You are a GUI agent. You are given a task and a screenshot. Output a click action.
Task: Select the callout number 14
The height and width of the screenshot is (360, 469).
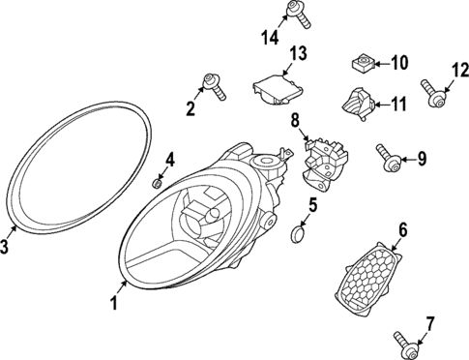[269, 38]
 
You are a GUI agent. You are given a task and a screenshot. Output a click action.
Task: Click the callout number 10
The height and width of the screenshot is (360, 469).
[399, 64]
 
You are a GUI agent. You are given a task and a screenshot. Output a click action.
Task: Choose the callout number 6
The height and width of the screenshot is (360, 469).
[403, 230]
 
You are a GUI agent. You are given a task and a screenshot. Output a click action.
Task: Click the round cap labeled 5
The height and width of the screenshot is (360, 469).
[300, 233]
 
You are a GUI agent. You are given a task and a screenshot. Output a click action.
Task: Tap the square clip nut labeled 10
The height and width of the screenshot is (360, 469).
[363, 66]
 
